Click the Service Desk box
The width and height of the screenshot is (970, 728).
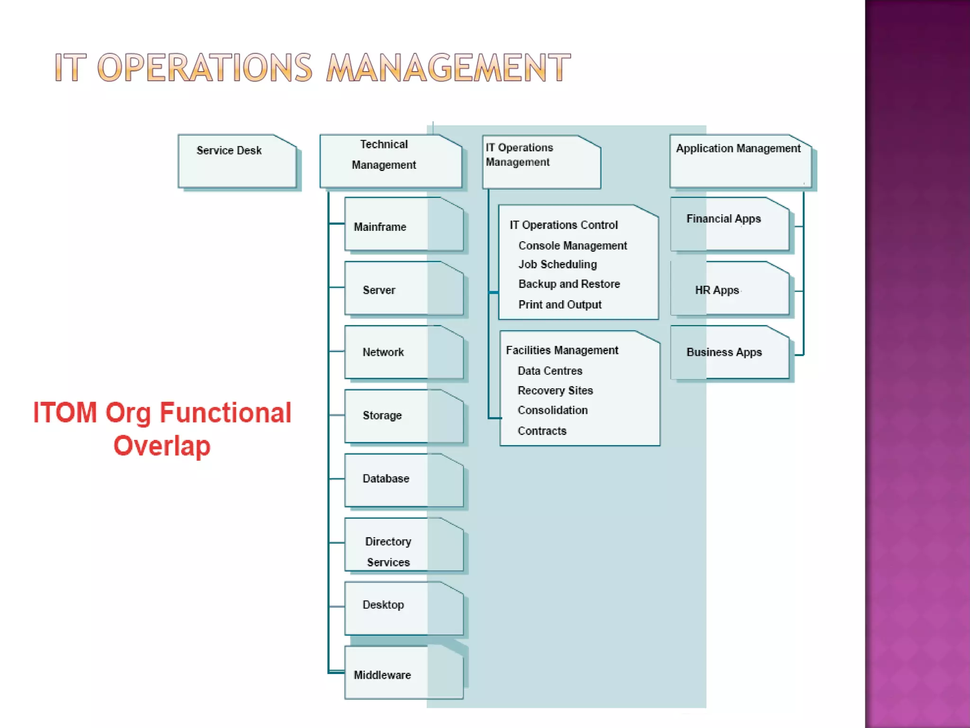click(x=237, y=161)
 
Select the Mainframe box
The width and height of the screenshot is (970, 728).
click(x=404, y=225)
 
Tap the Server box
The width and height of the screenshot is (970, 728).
click(x=404, y=288)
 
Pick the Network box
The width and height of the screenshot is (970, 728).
click(x=404, y=352)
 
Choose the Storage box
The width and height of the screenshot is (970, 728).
click(x=404, y=416)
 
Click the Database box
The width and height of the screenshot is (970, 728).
click(x=404, y=480)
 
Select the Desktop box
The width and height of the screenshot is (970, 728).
click(x=404, y=609)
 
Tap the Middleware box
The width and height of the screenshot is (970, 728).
click(x=404, y=673)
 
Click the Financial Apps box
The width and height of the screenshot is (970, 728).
click(x=729, y=224)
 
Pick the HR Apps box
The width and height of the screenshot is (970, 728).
click(x=729, y=288)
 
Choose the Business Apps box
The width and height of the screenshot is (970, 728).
click(x=729, y=352)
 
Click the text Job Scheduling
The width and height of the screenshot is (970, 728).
click(x=557, y=264)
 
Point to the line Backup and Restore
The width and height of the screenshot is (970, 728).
click(x=569, y=284)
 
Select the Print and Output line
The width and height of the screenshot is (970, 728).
click(x=560, y=305)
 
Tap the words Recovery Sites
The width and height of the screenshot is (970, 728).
click(x=555, y=391)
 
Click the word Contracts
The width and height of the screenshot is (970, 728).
click(x=542, y=431)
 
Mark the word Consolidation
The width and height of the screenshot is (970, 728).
click(x=552, y=410)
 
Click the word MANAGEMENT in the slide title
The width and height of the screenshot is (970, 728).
click(x=448, y=68)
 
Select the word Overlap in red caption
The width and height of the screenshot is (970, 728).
click(x=162, y=446)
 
